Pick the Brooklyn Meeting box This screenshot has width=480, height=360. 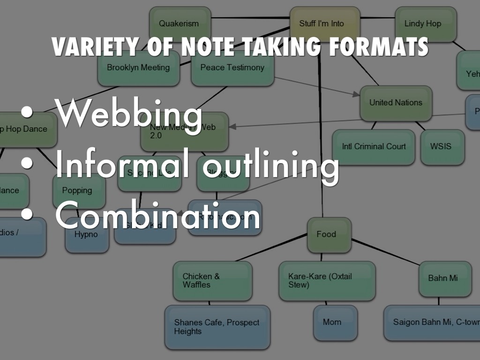[x=138, y=68]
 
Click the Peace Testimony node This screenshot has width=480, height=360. [x=232, y=68]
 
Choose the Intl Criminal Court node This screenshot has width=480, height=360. [x=374, y=147]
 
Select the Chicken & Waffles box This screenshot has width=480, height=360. [x=212, y=281]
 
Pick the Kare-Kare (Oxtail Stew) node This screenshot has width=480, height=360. [x=327, y=281]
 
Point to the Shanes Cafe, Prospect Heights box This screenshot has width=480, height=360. [x=217, y=327]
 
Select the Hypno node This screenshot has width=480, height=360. [x=87, y=235]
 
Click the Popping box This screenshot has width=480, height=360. [x=78, y=191]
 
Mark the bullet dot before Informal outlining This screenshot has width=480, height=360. [x=28, y=162]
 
